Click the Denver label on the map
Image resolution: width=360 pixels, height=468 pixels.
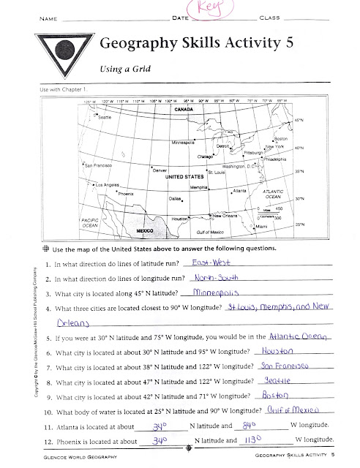160,170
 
